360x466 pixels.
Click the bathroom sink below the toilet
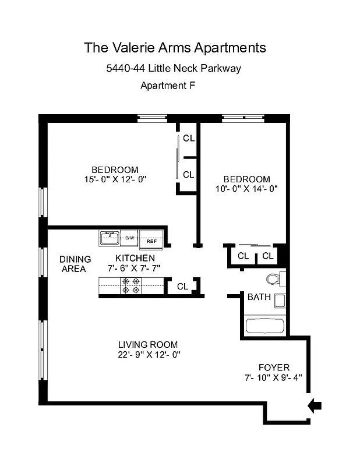280,301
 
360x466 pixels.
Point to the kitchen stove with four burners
130,285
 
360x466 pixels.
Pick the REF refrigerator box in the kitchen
151,240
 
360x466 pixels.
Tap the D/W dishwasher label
130,238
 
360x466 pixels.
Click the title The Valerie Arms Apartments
175,47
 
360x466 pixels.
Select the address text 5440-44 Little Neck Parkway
174,68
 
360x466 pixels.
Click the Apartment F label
168,86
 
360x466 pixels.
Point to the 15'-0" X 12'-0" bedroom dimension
115,179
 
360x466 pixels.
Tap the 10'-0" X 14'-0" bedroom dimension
247,189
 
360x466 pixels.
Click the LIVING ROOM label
148,344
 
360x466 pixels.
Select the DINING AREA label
75,264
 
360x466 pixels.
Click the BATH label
259,297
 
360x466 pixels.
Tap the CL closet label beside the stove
182,286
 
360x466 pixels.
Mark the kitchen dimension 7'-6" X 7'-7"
135,268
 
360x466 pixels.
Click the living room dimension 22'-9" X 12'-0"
148,355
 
